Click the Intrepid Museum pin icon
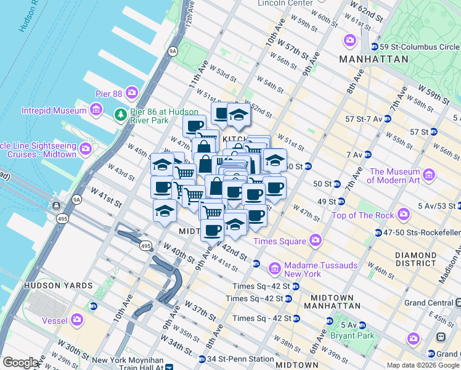96,110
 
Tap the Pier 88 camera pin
131,93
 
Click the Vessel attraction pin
77,320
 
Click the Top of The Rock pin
404,215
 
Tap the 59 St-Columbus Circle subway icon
374,47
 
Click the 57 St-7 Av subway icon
388,118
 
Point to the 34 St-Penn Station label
240,359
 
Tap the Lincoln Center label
285,3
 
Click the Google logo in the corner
20,363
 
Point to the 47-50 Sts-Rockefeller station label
423,232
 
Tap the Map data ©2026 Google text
423,365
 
